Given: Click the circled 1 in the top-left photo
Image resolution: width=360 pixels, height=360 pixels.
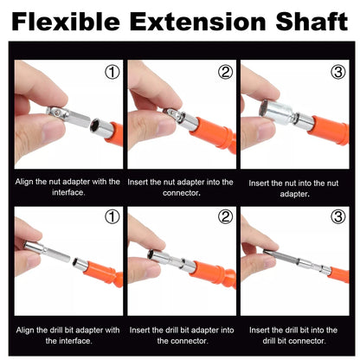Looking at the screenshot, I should click(x=112, y=73).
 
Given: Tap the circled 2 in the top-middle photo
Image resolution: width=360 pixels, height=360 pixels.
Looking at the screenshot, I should click(x=225, y=73).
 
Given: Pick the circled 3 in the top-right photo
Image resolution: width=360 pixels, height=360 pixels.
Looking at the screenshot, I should click(x=337, y=73).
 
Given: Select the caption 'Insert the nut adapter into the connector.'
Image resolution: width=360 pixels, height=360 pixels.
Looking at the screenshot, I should click(x=179, y=187).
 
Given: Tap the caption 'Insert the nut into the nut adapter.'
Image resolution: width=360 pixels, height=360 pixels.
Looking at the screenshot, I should click(x=293, y=188).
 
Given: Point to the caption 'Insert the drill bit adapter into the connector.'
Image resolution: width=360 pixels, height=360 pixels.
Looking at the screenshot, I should click(x=179, y=334).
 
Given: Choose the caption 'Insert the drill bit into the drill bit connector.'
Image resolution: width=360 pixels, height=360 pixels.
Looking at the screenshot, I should click(x=293, y=334).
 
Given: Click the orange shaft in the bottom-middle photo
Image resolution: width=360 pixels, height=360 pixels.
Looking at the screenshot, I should click(x=216, y=277).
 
